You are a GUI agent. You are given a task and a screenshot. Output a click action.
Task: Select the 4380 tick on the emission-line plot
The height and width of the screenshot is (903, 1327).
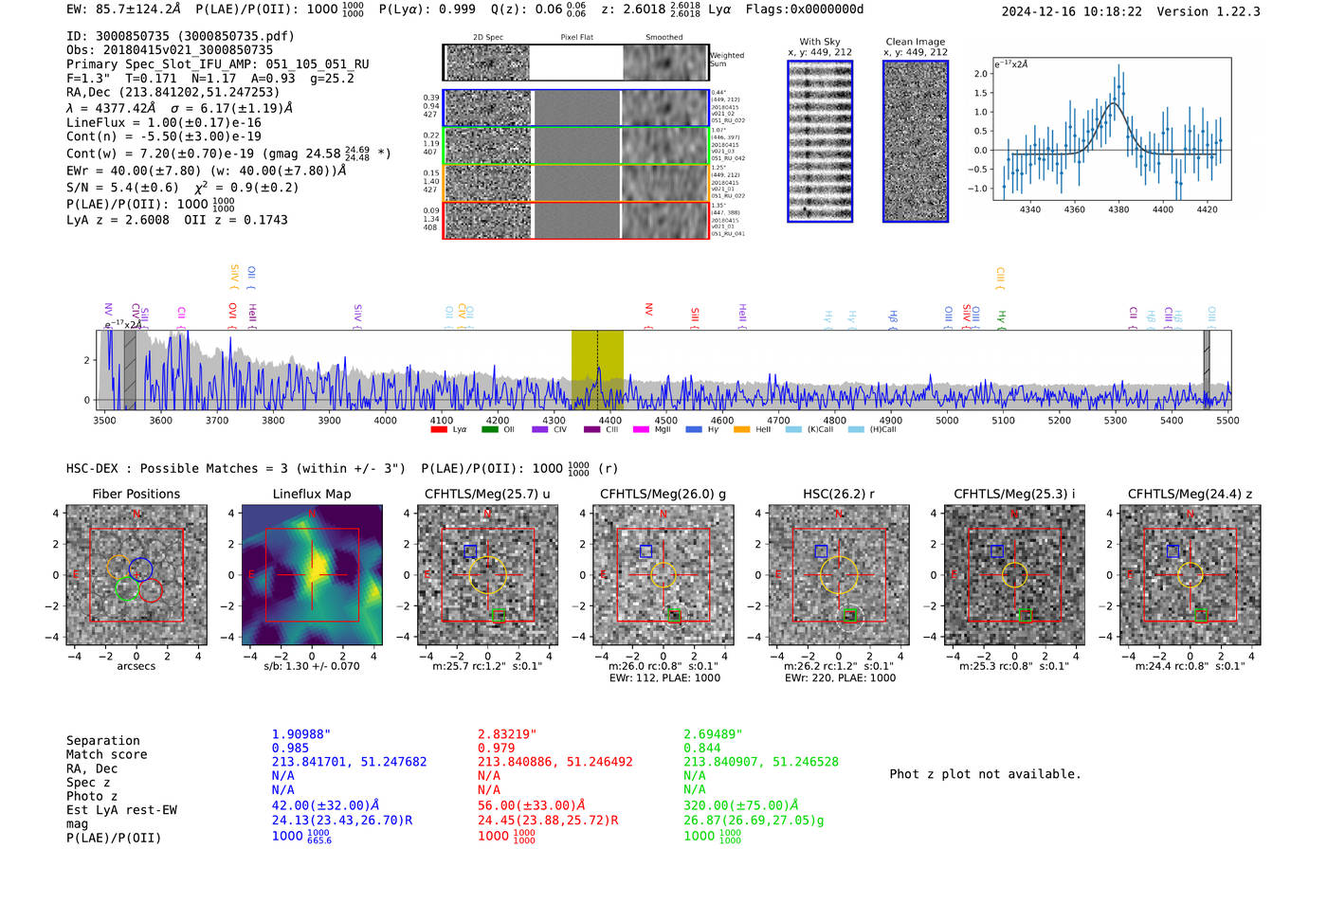pyautogui.click(x=1118, y=208)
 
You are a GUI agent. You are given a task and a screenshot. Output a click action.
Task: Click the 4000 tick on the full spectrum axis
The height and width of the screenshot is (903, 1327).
pyautogui.click(x=385, y=420)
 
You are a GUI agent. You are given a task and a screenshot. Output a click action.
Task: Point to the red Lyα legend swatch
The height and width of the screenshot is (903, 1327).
pyautogui.click(x=439, y=430)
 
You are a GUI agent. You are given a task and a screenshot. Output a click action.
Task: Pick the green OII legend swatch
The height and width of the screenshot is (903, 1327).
pyautogui.click(x=489, y=430)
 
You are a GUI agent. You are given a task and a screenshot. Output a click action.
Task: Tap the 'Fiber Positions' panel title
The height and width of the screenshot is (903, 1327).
pyautogui.click(x=136, y=494)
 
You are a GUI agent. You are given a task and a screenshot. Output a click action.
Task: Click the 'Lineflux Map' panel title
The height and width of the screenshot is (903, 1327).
pyautogui.click(x=311, y=494)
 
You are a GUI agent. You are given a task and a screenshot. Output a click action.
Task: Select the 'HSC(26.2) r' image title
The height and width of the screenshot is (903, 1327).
pyautogui.click(x=839, y=494)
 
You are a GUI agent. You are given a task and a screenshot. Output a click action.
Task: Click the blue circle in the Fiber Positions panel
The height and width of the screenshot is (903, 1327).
pyautogui.click(x=140, y=569)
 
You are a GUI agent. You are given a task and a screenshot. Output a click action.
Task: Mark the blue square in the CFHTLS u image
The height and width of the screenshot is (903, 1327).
pyautogui.click(x=470, y=551)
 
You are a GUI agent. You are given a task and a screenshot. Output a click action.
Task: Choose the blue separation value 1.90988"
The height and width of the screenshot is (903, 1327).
pyautogui.click(x=301, y=734)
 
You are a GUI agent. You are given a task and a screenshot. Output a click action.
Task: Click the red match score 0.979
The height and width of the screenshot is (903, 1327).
pyautogui.click(x=497, y=748)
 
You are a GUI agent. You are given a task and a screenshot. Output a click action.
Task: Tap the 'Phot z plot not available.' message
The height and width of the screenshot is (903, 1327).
pyautogui.click(x=985, y=774)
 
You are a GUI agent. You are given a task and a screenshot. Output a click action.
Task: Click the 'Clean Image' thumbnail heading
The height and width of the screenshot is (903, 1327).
pyautogui.click(x=915, y=42)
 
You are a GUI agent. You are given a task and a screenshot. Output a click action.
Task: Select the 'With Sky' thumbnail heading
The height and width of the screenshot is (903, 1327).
pyautogui.click(x=819, y=42)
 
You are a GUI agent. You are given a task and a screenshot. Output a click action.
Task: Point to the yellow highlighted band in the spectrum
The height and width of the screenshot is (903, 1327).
pyautogui.click(x=597, y=370)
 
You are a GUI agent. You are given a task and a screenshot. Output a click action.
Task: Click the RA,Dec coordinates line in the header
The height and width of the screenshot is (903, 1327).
pyautogui.click(x=173, y=92)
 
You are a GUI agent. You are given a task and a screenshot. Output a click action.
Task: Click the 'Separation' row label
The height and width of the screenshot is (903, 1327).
pyautogui.click(x=102, y=741)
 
